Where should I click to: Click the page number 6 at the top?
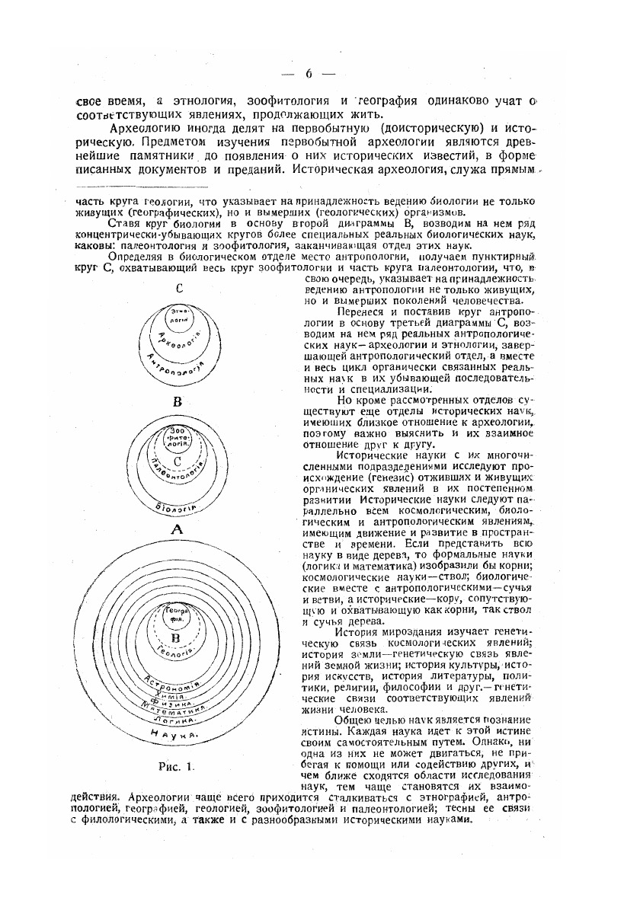coord(309,74)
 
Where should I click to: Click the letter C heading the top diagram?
coord(178,289)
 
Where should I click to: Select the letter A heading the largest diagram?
coord(177,529)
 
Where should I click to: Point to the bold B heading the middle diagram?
coord(177,401)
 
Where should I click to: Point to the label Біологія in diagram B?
coord(178,506)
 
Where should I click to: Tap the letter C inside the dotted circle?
coord(177,461)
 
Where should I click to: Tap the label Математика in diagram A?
coord(177,711)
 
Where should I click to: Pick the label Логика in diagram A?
coord(177,720)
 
